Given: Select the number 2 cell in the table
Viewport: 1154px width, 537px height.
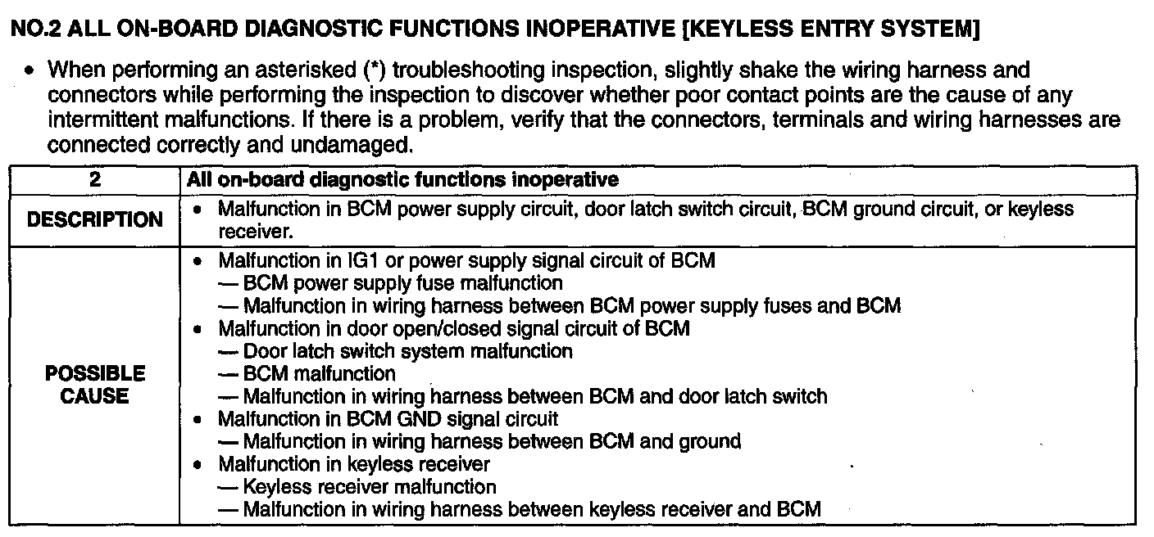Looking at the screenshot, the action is tap(94, 178).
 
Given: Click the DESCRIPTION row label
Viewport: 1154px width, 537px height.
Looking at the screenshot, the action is tap(94, 220).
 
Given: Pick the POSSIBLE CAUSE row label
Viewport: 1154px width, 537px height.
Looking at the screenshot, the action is tap(94, 385).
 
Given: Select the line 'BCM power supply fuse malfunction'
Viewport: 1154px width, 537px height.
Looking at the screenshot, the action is tap(402, 283).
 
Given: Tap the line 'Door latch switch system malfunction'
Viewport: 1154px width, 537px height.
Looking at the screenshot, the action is tap(407, 351).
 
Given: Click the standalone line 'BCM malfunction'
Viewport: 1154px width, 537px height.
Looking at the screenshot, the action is tap(319, 374).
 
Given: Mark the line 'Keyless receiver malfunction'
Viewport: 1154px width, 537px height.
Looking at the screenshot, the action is tap(370, 487).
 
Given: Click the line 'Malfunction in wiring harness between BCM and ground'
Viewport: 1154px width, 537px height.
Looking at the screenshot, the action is tap(492, 442).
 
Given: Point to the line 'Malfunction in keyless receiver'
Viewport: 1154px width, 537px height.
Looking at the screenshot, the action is tap(353, 464).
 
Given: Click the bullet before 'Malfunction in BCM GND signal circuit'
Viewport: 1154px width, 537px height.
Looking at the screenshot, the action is tap(197, 419).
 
